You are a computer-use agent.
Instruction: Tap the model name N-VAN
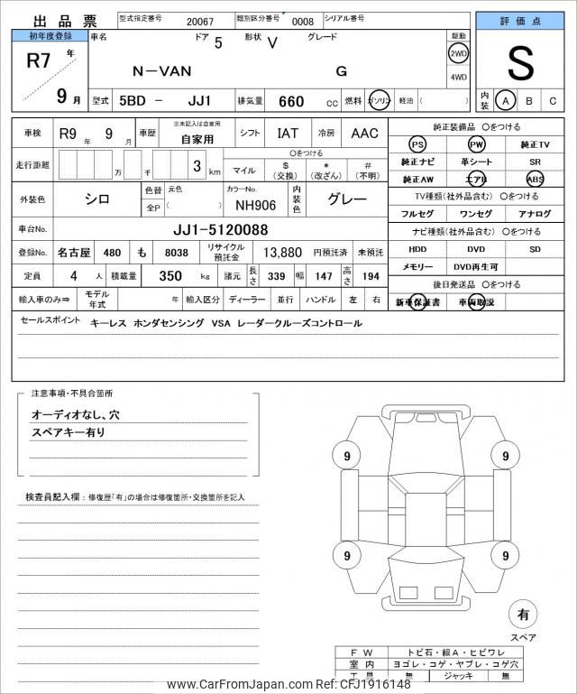[158, 70]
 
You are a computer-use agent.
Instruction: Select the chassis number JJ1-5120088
[221, 229]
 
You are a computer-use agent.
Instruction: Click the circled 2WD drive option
[458, 53]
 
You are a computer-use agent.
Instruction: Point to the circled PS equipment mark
[417, 144]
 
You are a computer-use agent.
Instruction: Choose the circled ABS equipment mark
[535, 179]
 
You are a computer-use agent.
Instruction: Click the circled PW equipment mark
[476, 144]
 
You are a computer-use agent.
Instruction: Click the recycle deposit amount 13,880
[281, 254]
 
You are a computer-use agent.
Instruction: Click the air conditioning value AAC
[364, 134]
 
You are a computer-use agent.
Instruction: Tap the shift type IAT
[288, 134]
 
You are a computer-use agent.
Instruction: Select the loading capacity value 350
[171, 276]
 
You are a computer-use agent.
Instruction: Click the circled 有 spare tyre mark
[523, 615]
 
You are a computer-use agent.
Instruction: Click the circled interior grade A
[508, 100]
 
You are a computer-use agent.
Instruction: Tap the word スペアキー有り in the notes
[69, 433]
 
